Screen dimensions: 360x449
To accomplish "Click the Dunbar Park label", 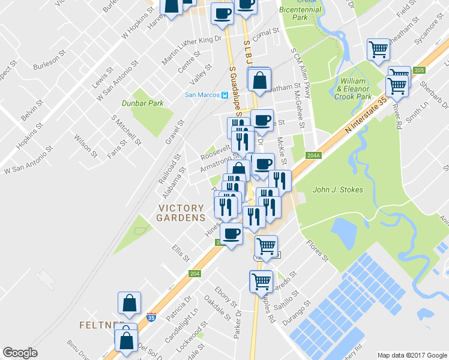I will (143, 103).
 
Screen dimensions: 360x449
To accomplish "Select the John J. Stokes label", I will (338, 190).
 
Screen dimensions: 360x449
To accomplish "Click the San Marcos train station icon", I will (223, 94).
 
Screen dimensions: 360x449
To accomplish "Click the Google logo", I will (20, 353).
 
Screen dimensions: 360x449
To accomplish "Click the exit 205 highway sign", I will (419, 70).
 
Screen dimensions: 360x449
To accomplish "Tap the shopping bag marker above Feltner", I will (130, 304).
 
